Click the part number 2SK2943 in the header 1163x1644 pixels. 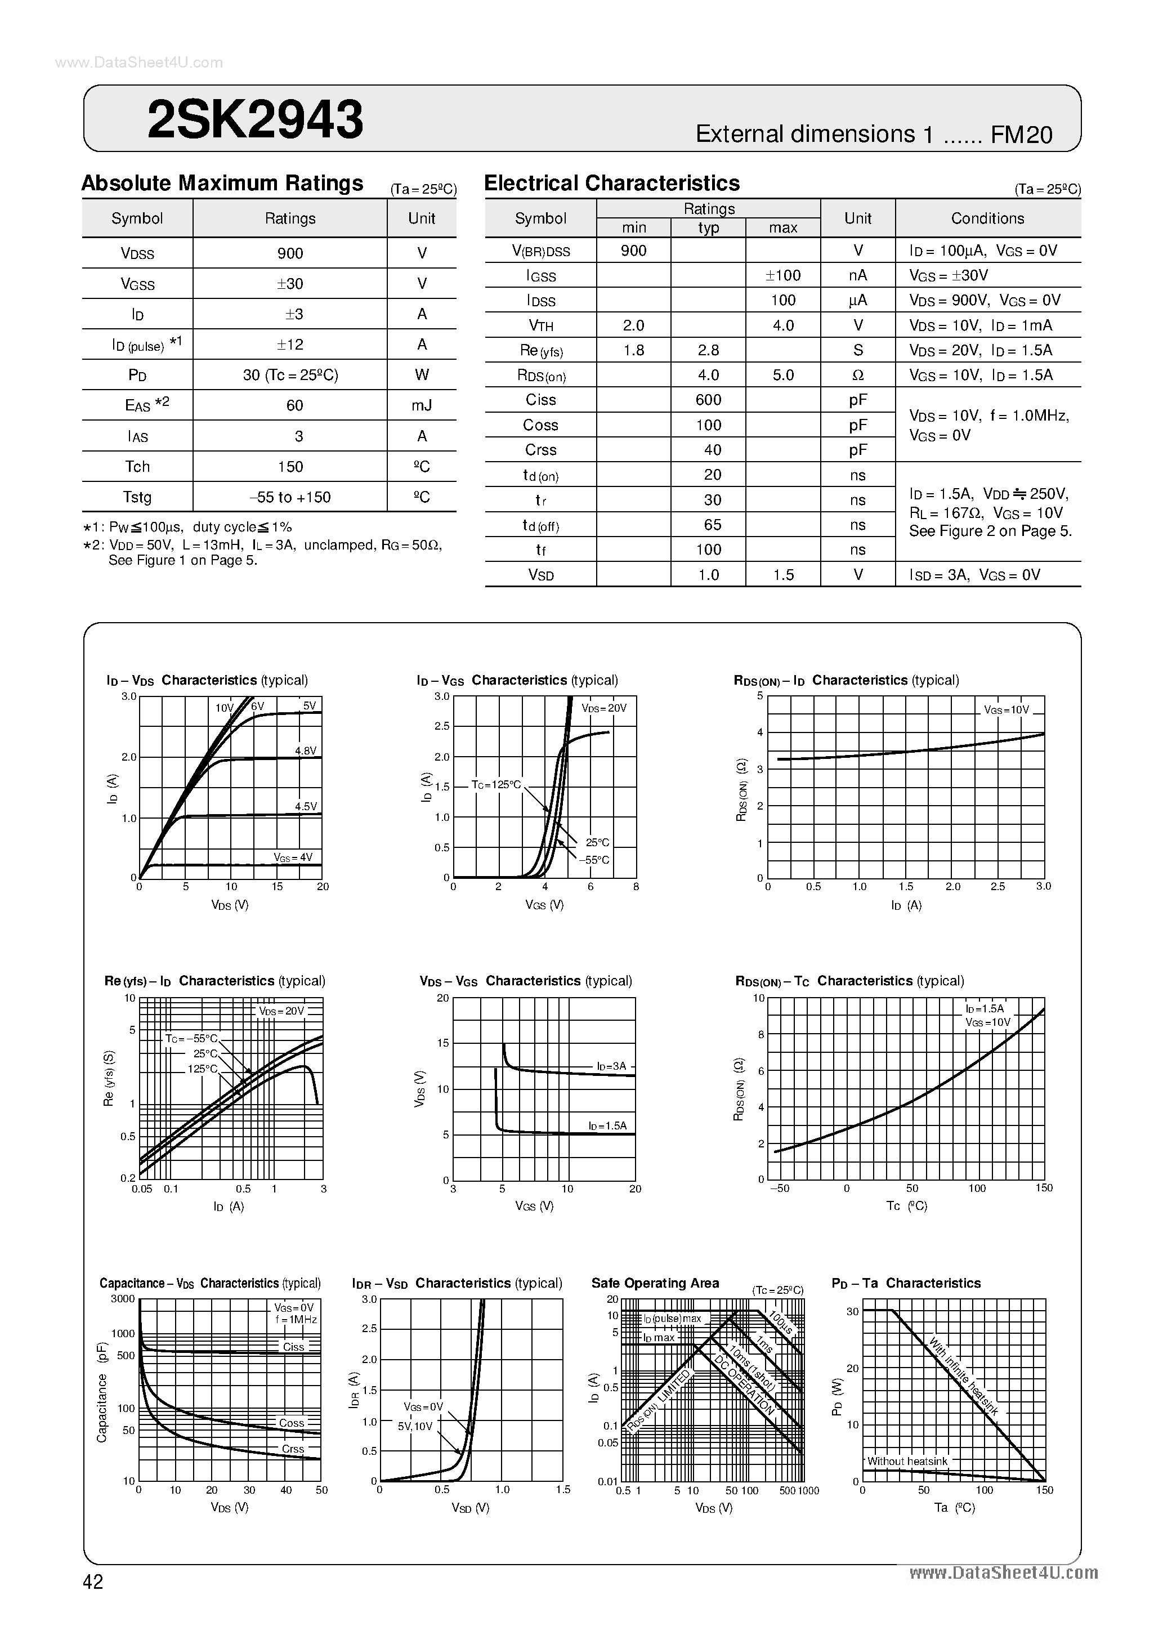(255, 119)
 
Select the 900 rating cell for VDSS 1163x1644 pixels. (290, 253)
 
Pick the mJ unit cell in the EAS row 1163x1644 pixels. (422, 405)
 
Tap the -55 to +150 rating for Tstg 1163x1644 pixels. (290, 497)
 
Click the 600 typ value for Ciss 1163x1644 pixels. (708, 400)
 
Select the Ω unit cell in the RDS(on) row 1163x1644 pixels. (858, 375)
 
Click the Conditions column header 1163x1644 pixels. (987, 218)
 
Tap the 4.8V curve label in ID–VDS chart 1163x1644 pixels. (306, 750)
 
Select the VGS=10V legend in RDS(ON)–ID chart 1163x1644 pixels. (1006, 709)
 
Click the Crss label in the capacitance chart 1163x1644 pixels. (293, 1449)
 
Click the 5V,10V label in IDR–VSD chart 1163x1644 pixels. (415, 1426)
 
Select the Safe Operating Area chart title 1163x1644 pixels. (655, 1283)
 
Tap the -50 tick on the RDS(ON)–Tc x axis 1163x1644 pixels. (779, 1188)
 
